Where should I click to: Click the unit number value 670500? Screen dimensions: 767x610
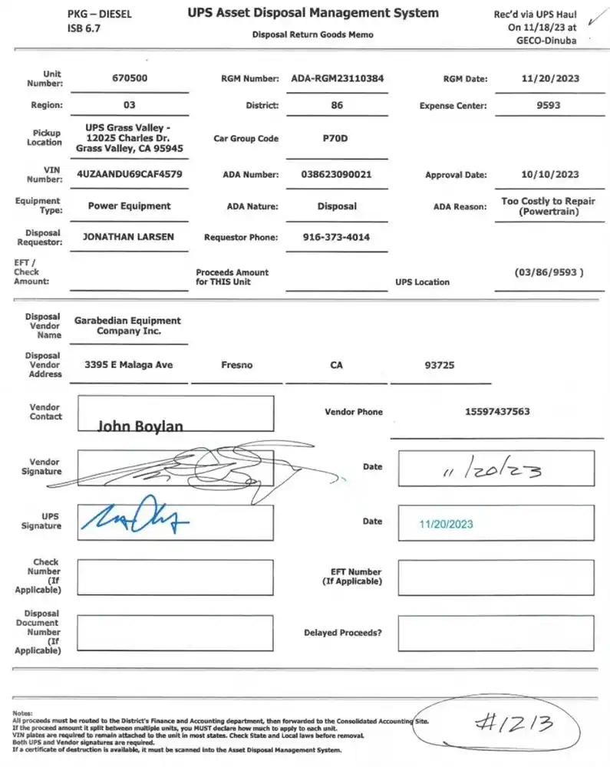pyautogui.click(x=130, y=78)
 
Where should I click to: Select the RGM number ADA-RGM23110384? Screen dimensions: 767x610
pyautogui.click(x=337, y=78)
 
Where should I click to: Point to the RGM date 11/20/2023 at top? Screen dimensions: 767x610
pyautogui.click(x=549, y=78)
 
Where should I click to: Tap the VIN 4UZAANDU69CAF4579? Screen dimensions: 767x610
pyautogui.click(x=130, y=174)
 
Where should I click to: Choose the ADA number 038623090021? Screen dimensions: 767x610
pyautogui.click(x=337, y=174)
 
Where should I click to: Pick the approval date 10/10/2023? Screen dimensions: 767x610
pyautogui.click(x=549, y=174)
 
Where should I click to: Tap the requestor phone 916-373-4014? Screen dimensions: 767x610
pyautogui.click(x=337, y=237)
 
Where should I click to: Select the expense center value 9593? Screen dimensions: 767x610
pyautogui.click(x=549, y=105)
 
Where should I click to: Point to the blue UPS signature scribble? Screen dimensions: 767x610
pyautogui.click(x=135, y=521)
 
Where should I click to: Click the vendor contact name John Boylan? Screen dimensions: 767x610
pyautogui.click(x=140, y=426)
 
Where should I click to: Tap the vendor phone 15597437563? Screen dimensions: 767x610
pyautogui.click(x=496, y=412)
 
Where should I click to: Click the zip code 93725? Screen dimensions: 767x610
pyautogui.click(x=439, y=365)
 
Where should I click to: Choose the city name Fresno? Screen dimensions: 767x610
pyautogui.click(x=236, y=365)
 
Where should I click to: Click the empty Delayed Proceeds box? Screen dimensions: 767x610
pyautogui.click(x=495, y=633)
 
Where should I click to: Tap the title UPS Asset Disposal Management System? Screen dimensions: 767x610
pyautogui.click(x=313, y=13)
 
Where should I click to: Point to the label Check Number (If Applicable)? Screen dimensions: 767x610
pyautogui.click(x=45, y=576)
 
